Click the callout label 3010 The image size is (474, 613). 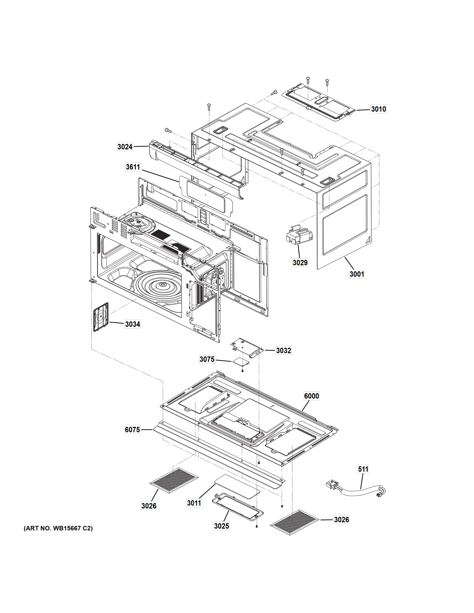(378, 109)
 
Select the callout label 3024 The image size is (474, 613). (125, 147)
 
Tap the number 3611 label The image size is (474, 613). (133, 167)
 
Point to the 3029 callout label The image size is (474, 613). (300, 263)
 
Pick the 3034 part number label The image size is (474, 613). (133, 324)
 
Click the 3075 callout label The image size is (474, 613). (207, 359)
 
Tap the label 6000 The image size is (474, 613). (311, 396)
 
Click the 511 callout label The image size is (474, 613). (363, 469)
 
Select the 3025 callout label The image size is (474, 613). (222, 526)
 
